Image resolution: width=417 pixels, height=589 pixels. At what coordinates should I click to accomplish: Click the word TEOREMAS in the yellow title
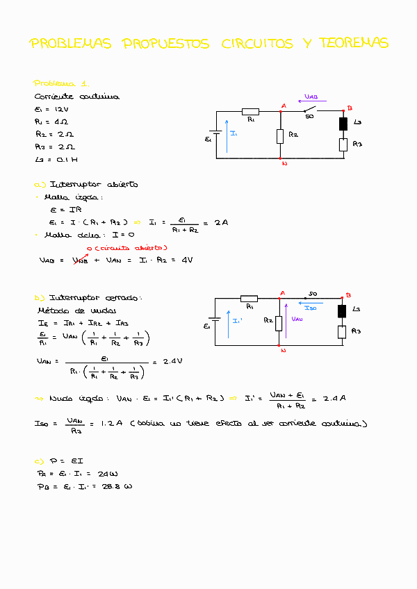[x=354, y=43]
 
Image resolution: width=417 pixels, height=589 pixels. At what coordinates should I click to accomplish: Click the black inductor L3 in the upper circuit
[x=343, y=124]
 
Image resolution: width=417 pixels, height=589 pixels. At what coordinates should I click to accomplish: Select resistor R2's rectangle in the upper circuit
[x=280, y=135]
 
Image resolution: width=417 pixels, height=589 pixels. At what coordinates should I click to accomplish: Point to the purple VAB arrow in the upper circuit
[x=311, y=101]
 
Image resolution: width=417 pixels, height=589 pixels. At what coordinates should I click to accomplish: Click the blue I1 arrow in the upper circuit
[x=226, y=136]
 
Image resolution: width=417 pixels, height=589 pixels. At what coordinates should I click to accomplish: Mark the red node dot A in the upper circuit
[x=280, y=110]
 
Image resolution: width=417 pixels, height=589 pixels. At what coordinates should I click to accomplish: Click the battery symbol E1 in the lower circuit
[x=215, y=322]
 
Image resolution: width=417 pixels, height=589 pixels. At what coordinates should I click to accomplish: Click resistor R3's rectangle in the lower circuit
[x=342, y=331]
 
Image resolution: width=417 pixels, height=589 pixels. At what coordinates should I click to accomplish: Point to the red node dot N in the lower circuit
[x=279, y=345]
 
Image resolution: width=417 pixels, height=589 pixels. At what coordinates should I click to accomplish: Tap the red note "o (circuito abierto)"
[x=126, y=248]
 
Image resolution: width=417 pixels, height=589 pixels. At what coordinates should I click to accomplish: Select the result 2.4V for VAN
[x=172, y=361]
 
